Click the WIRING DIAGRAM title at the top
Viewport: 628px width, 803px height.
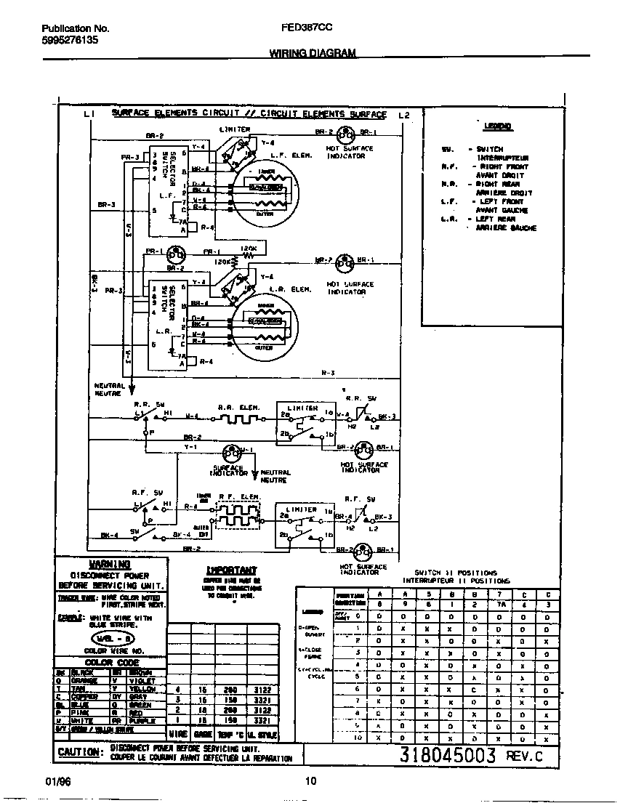coord(313,53)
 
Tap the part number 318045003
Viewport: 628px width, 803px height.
coord(448,755)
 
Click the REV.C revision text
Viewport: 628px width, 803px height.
coord(523,756)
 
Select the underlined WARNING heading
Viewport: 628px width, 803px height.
coord(110,564)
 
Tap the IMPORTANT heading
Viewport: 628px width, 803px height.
coord(230,570)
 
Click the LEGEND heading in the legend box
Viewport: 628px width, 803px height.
coord(498,126)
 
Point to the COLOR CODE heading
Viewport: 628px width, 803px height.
coord(111,662)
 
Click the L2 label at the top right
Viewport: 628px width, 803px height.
coord(404,114)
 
